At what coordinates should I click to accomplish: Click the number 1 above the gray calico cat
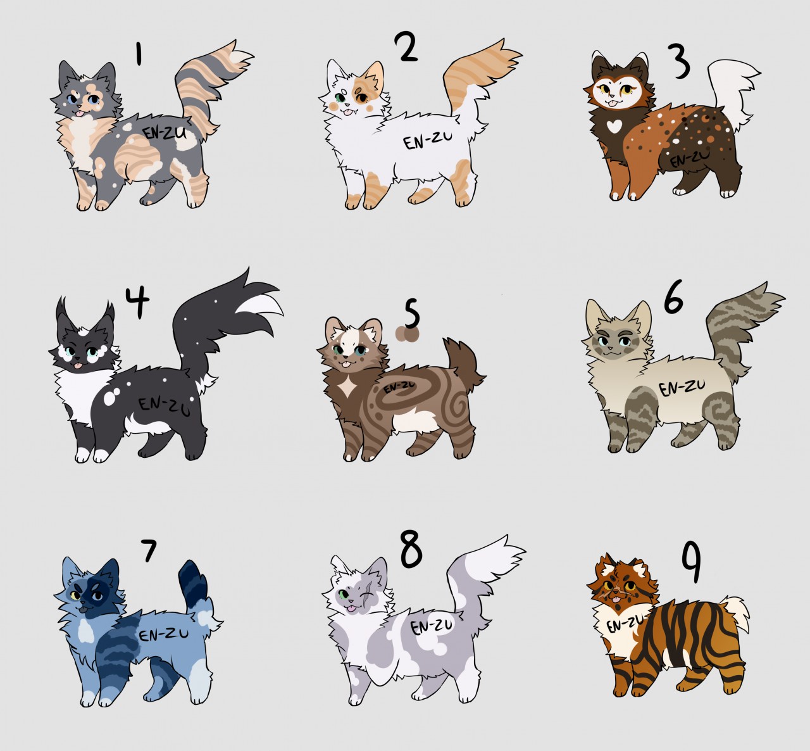click(139, 54)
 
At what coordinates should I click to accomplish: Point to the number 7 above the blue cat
click(149, 551)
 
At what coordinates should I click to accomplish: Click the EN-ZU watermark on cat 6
click(682, 388)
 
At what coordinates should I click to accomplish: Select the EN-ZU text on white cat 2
click(427, 141)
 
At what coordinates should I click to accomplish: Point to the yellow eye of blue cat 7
click(75, 596)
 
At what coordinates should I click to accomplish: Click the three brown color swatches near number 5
click(407, 334)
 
